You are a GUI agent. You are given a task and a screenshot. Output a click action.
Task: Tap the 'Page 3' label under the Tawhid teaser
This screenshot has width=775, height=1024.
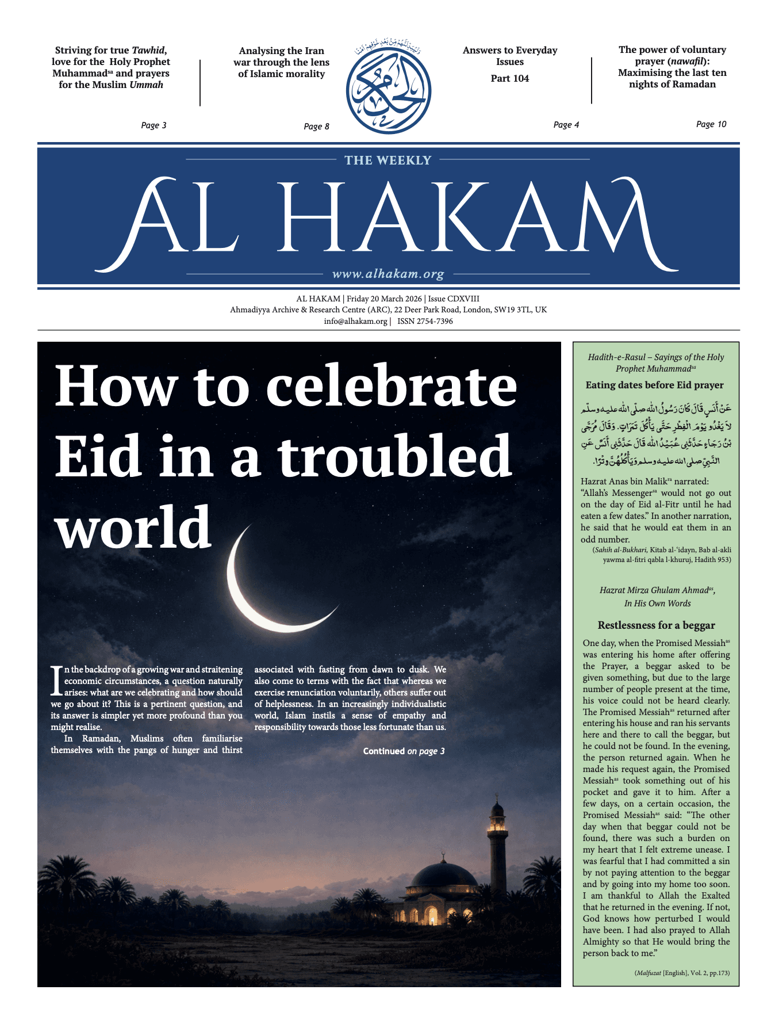[x=154, y=125]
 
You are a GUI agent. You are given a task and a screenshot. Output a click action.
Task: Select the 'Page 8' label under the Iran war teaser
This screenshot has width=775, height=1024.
[x=316, y=127]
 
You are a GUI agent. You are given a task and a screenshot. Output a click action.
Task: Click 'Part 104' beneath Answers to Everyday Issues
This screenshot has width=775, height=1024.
[x=509, y=78]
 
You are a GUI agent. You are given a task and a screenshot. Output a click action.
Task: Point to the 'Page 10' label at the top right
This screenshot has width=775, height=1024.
[x=711, y=124]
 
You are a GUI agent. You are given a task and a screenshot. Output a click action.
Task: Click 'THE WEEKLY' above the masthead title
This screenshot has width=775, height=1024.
[x=388, y=161]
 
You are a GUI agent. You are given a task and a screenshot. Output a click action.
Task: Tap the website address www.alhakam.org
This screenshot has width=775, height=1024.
[x=388, y=274]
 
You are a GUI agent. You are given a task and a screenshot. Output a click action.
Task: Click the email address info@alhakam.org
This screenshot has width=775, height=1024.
[x=355, y=322]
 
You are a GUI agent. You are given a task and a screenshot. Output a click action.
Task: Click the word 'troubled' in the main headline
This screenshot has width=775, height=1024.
[x=394, y=457]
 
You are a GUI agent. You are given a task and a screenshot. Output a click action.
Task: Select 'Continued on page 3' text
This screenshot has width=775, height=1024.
[x=404, y=751]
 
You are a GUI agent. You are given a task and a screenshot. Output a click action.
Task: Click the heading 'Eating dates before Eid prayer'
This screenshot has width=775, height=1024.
[x=654, y=385]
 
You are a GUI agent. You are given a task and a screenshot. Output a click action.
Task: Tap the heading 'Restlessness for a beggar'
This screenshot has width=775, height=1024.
[x=656, y=625]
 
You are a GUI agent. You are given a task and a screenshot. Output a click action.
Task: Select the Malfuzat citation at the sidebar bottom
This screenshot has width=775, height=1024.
[x=682, y=973]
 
